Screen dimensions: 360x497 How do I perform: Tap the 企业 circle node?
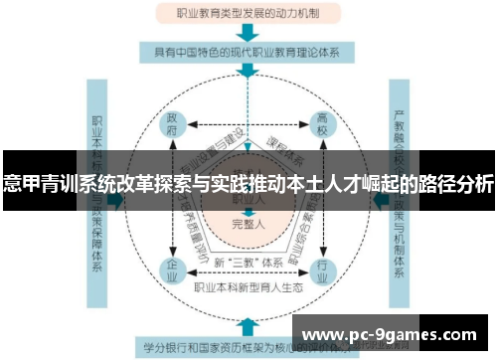pyautogui.click(x=173, y=269)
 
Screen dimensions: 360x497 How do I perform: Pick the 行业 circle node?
pyautogui.click(x=321, y=269)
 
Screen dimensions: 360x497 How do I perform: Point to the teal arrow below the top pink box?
pyautogui.click(x=247, y=32)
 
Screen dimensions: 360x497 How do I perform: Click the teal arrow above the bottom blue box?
pyautogui.click(x=247, y=324)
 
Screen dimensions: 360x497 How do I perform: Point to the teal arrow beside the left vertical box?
pyautogui.click(x=118, y=199)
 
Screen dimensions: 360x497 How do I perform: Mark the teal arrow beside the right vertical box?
pyautogui.click(x=380, y=199)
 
